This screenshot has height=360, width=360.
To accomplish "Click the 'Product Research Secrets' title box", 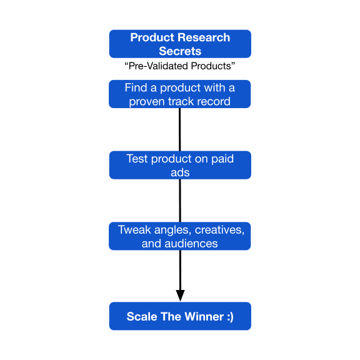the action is [x=180, y=44].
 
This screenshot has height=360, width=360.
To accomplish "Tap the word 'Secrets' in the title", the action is [x=180, y=51].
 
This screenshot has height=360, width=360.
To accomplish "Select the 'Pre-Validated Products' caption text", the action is [x=180, y=66].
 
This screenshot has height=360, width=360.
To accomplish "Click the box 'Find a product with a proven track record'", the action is [x=180, y=94].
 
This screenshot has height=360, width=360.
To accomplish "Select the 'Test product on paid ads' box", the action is [x=180, y=165].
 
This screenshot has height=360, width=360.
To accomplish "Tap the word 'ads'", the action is [x=180, y=172].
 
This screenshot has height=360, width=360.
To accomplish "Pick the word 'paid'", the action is [x=222, y=159].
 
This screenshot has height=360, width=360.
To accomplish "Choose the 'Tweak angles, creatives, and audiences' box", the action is [x=180, y=236].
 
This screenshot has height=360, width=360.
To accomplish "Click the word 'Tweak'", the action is [x=134, y=229].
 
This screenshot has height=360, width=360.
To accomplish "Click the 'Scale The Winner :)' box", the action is [x=180, y=316].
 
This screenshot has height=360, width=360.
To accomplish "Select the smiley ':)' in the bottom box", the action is [x=230, y=317].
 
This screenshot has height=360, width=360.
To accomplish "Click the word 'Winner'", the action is [x=204, y=316].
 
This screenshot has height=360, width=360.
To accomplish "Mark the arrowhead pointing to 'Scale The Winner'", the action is [x=180, y=296].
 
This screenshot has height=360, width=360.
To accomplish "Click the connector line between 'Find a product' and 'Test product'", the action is [x=180, y=129].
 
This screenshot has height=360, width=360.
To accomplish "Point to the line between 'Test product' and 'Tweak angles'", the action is [x=180, y=201].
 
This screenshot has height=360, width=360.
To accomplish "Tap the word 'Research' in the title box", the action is [x=204, y=37].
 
